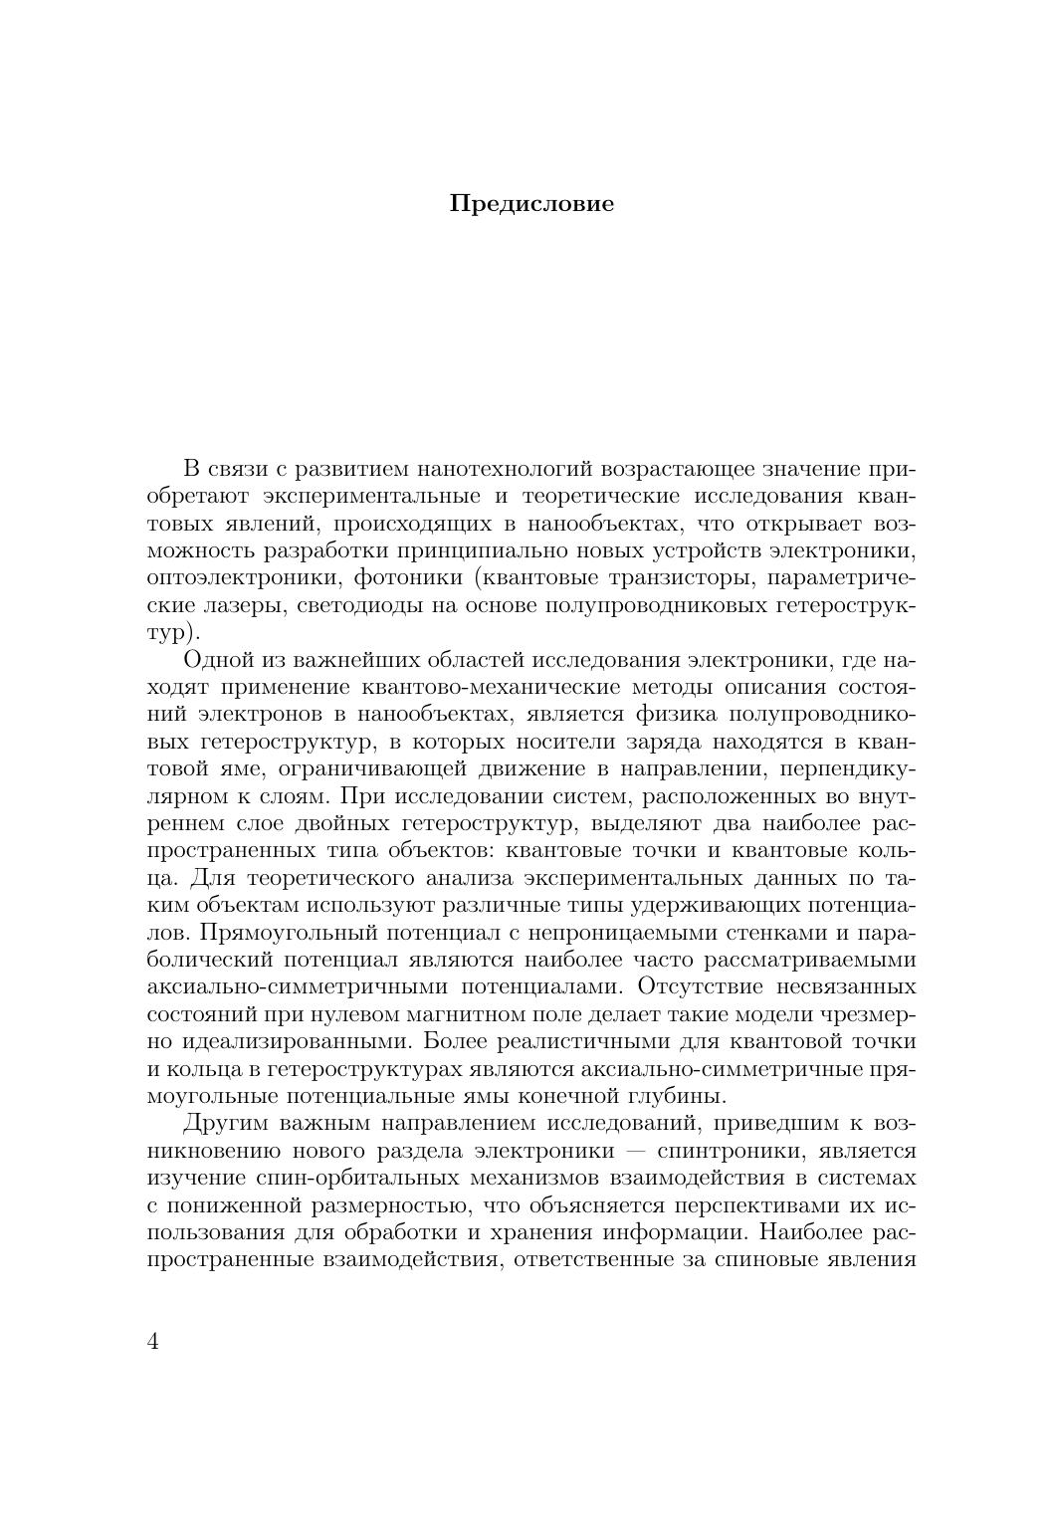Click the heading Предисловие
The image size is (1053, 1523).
(x=531, y=204)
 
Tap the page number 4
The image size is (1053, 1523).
(x=153, y=1341)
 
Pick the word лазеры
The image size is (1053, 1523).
(x=254, y=605)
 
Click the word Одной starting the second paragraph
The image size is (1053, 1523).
(x=216, y=660)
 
